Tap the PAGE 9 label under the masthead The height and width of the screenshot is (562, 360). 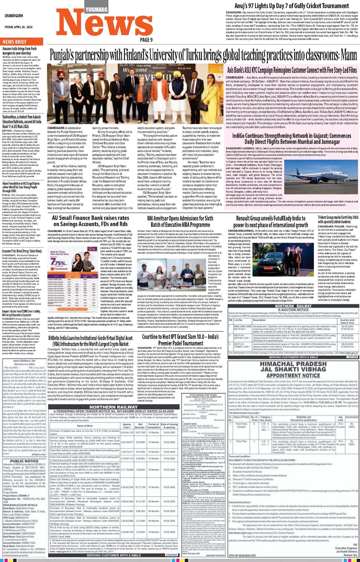pos(146,40)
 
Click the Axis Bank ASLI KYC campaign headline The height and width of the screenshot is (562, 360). pos(292,70)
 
